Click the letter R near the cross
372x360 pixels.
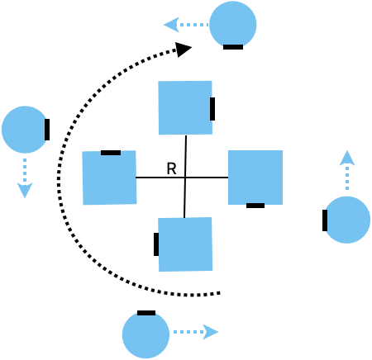[x=171, y=168]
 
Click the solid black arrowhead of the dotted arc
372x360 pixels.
[x=184, y=50]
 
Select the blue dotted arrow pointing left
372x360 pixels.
[x=186, y=25]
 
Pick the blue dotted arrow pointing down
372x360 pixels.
[x=25, y=178]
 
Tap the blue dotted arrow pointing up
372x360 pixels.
[x=347, y=170]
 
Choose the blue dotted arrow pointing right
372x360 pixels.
[x=196, y=332]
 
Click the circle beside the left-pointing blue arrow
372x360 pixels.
[x=233, y=25]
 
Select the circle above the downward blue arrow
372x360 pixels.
[x=25, y=130]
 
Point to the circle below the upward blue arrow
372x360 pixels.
[x=346, y=220]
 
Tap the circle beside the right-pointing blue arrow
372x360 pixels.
[x=145, y=334]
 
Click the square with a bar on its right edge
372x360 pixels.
[x=185, y=107]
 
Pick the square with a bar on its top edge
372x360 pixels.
[x=110, y=178]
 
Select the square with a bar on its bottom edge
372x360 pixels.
[x=255, y=178]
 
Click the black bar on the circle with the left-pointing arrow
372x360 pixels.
[x=233, y=47]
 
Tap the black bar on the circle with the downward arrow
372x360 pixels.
[x=47, y=130]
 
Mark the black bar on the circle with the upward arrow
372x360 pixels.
[x=325, y=220]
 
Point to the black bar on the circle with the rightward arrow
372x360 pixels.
[x=146, y=313]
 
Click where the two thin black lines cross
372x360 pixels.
[x=185, y=178]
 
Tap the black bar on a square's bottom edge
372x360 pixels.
[x=255, y=206]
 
